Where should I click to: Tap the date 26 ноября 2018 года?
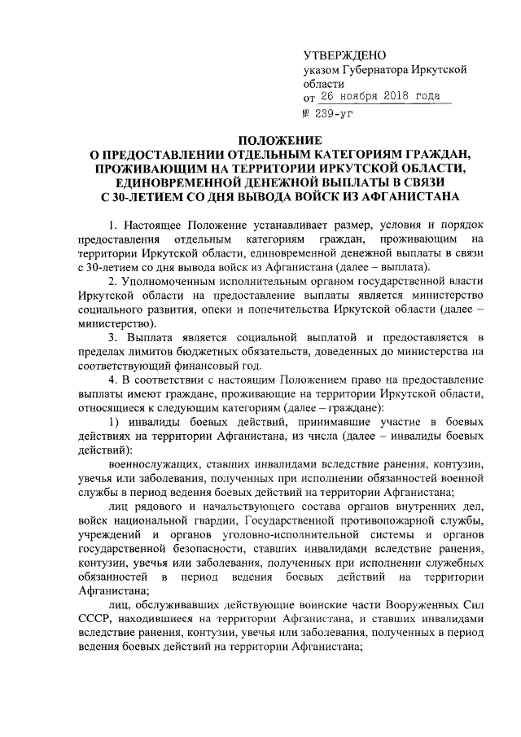pos(383,98)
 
